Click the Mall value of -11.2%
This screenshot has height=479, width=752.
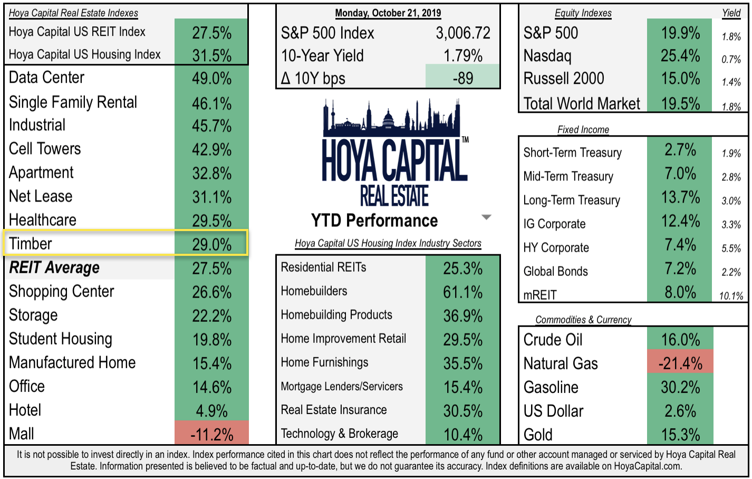(211, 434)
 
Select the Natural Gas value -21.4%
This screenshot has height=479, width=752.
(680, 363)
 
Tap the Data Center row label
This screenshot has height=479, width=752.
(46, 78)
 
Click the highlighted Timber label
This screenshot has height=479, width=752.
(31, 244)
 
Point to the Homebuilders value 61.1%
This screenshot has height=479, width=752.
(462, 292)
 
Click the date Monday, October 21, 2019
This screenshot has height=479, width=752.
(388, 13)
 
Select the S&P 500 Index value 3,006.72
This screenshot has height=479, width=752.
(462, 33)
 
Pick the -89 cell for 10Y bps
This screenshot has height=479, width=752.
(462, 78)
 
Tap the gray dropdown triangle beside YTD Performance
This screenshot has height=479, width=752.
(486, 217)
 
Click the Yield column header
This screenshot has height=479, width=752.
(731, 13)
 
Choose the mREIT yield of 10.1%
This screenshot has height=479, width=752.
(731, 296)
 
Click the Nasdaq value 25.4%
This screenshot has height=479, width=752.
(680, 55)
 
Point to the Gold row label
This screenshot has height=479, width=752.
(538, 435)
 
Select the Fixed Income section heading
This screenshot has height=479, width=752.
(583, 130)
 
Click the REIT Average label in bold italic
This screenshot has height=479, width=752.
(54, 268)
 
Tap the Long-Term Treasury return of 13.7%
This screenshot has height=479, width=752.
(680, 197)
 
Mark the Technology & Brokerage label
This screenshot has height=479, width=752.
(339, 434)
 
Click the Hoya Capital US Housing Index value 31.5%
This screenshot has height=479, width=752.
(211, 55)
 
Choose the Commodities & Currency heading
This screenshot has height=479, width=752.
(583, 320)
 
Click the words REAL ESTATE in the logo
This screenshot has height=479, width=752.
(394, 196)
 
